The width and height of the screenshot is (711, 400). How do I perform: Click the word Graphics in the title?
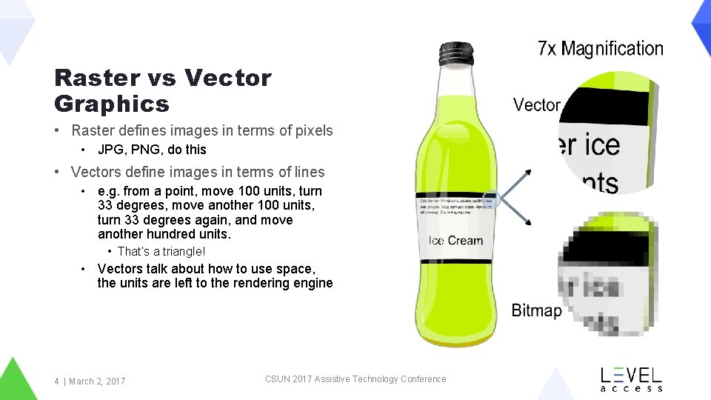(x=112, y=104)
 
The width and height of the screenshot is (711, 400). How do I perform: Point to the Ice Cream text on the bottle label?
(x=455, y=241)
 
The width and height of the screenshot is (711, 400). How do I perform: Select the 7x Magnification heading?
(x=601, y=49)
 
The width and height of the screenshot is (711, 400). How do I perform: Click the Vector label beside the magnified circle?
(x=536, y=105)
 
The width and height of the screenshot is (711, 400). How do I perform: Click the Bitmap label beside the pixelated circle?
(x=536, y=310)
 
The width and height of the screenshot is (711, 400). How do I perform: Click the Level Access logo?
(x=631, y=379)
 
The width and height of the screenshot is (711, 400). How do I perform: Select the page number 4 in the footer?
(x=56, y=381)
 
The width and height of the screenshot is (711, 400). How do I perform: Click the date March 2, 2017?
(x=97, y=381)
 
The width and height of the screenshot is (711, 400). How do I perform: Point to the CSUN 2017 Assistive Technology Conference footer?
(x=355, y=379)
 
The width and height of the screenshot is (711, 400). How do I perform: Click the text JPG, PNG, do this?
(x=152, y=150)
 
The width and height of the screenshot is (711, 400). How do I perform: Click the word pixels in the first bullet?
(x=314, y=131)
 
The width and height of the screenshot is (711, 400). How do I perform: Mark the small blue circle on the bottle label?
(x=490, y=199)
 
